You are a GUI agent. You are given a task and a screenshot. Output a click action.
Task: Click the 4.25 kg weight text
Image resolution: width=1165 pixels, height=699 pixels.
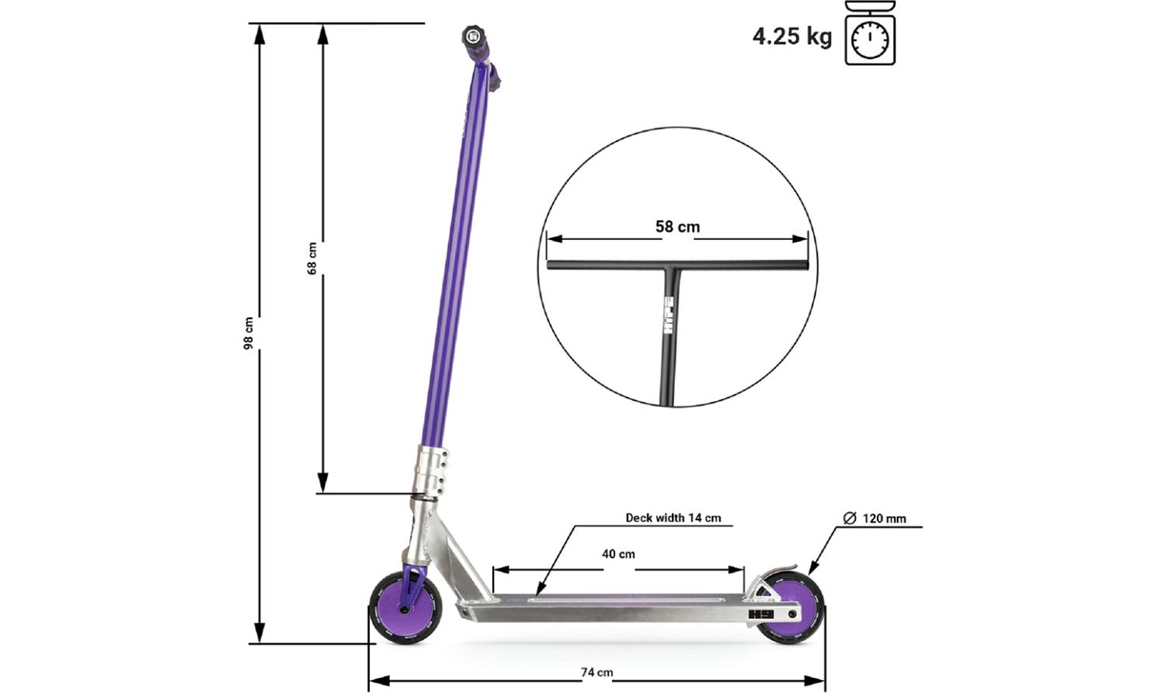[791, 37]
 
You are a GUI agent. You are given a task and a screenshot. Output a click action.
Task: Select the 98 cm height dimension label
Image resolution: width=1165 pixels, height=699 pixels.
[249, 333]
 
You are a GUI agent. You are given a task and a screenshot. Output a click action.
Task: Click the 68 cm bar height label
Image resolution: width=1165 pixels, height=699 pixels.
[312, 259]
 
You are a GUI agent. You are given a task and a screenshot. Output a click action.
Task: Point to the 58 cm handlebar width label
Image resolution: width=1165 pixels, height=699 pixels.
[677, 227]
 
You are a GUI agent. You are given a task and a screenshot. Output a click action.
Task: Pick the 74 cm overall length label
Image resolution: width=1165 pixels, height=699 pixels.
[596, 673]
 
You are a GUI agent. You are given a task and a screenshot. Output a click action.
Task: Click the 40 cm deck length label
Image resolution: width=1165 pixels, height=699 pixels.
[618, 554]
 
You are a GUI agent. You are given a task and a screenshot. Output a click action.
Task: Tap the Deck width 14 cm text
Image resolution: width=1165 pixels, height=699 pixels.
[673, 518]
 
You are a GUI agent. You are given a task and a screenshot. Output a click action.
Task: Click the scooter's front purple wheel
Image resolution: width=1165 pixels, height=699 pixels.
[405, 608]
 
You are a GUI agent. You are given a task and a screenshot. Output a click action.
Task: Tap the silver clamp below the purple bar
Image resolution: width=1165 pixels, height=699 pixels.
[431, 471]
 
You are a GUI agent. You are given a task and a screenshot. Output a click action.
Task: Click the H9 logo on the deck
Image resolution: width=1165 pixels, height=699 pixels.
[757, 614]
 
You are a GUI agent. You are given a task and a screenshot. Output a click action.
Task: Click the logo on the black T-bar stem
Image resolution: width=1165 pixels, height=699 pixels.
[668, 314]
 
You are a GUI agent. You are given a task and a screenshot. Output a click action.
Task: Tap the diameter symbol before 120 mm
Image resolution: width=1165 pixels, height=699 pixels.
[850, 518]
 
